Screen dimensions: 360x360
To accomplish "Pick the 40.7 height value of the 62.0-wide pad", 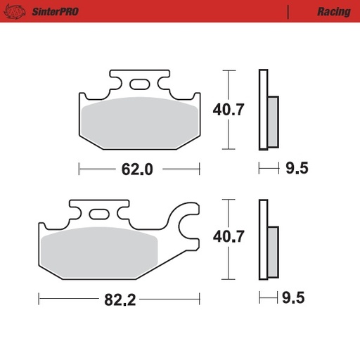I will pyautogui.click(x=229, y=109).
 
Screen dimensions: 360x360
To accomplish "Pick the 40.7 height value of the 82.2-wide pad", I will pyautogui.click(x=229, y=237).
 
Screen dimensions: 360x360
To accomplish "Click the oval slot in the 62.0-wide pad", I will pyautogui.click(x=139, y=85).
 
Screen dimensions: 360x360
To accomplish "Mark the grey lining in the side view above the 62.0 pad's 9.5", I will pyautogui.click(x=273, y=120).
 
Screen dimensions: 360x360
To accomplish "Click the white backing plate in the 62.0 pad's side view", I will pyautogui.click(x=264, y=109).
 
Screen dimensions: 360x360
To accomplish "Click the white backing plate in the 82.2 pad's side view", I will pyautogui.click(x=264, y=240).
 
